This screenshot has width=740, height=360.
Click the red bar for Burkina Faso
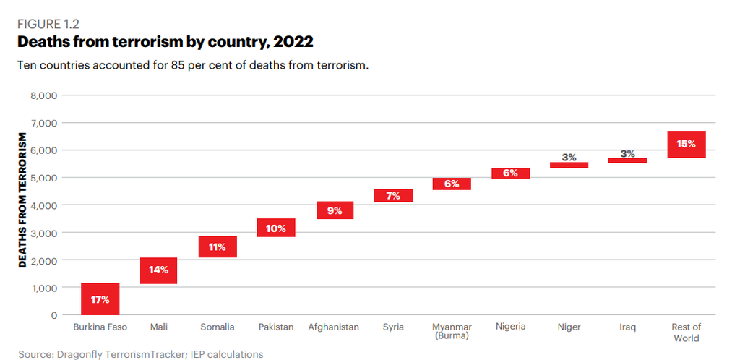click(100, 299)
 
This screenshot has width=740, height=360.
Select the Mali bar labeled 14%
click(159, 270)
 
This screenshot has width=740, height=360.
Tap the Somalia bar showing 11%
click(218, 247)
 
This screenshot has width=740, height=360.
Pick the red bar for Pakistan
click(276, 228)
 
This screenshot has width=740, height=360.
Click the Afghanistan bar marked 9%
click(335, 210)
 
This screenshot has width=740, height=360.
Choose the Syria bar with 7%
click(393, 195)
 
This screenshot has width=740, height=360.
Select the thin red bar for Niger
click(569, 165)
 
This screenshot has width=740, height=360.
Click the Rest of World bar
click(686, 144)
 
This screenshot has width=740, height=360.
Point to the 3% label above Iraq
click(627, 153)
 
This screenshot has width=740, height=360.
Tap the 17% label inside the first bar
click(100, 299)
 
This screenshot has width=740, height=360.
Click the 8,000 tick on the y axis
click(43, 95)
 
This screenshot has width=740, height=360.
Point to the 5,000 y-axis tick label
click(43, 178)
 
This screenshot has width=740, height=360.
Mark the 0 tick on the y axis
click(53, 315)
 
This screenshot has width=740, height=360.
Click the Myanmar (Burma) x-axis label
click(452, 331)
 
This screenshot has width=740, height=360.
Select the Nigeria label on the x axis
click(510, 327)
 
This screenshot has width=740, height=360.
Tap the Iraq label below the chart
click(627, 327)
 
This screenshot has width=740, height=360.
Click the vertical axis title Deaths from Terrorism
click(22, 200)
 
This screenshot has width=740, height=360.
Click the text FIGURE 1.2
click(48, 23)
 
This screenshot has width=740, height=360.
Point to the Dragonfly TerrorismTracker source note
click(140, 354)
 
